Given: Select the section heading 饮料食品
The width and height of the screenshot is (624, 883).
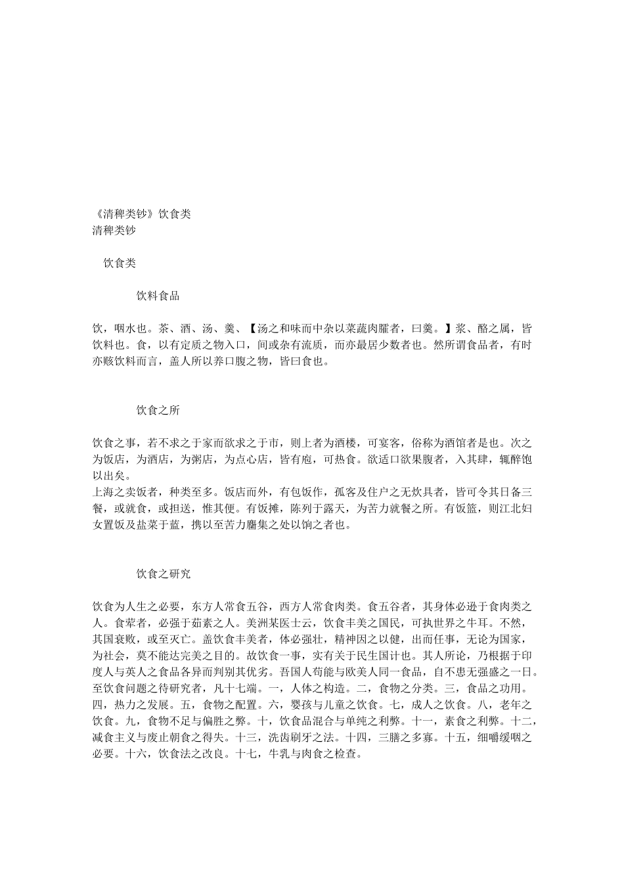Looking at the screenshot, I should coord(158,296).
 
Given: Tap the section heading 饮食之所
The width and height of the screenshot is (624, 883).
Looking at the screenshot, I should coord(158,411).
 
